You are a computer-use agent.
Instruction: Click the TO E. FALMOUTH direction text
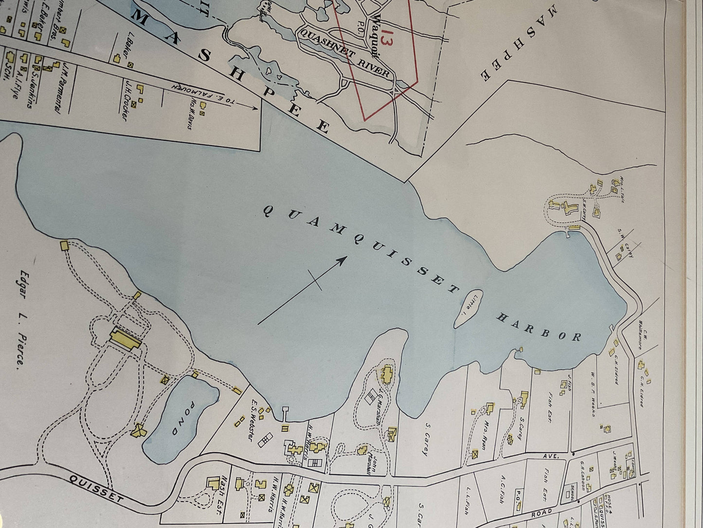tap(212, 95)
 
